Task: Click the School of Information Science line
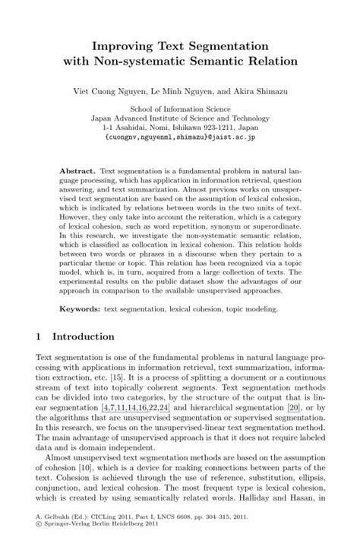[179, 109]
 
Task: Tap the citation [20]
[286, 429]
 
